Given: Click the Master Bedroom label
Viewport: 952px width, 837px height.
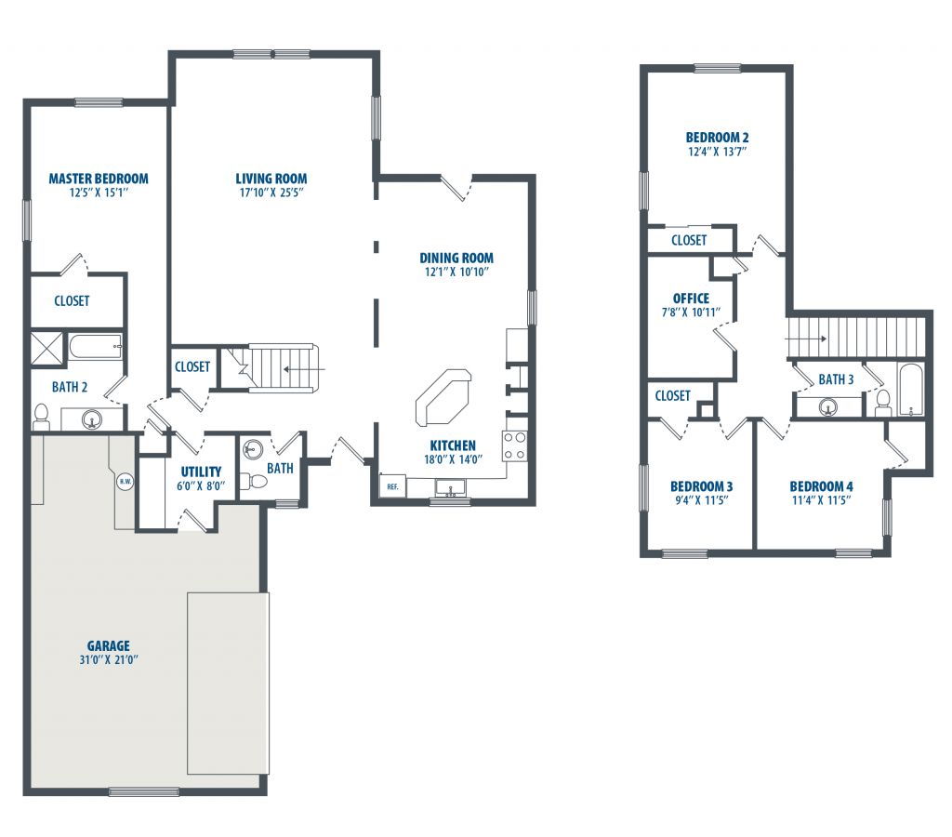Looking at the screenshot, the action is (x=99, y=179).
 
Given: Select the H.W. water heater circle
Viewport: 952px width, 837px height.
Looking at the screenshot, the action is (x=126, y=482).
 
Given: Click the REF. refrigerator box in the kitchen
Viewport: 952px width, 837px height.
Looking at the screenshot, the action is (x=392, y=485).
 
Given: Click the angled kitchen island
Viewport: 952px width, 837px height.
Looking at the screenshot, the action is (x=443, y=398).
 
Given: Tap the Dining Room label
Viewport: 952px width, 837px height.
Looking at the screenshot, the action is (x=456, y=258).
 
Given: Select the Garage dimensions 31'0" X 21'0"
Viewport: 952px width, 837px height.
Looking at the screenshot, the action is (x=109, y=659).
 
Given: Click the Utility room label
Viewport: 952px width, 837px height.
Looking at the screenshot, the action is (x=201, y=472).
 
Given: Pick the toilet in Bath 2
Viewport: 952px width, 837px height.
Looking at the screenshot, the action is (x=41, y=416).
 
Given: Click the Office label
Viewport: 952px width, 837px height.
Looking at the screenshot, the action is (x=691, y=299).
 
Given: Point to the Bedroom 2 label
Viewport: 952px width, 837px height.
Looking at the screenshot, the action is (x=717, y=138).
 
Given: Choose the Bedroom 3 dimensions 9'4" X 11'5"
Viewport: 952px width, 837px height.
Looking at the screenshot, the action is (x=701, y=500).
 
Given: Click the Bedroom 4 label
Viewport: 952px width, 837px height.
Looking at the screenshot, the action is (x=821, y=486).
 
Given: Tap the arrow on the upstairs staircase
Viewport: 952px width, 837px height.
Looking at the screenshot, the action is (x=806, y=339).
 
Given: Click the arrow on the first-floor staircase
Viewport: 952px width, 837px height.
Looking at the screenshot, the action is (x=305, y=368).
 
